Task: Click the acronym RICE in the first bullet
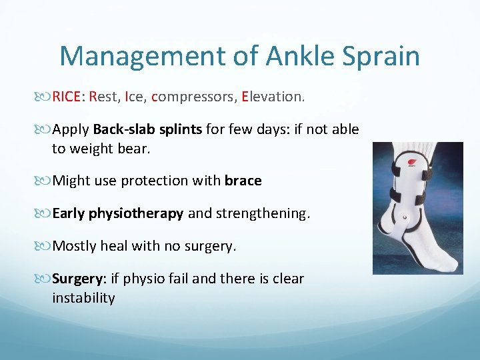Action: [x=67, y=97]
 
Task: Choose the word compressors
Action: [x=193, y=97]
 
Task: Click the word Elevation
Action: [x=273, y=97]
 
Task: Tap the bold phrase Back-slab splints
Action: [x=147, y=129]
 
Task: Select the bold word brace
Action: [x=243, y=181]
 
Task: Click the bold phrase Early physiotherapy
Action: [x=118, y=213]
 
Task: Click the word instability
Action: [x=83, y=298]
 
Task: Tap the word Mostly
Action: [x=75, y=246]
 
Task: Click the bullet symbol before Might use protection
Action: [x=45, y=181]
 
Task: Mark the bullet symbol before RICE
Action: [x=45, y=97]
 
